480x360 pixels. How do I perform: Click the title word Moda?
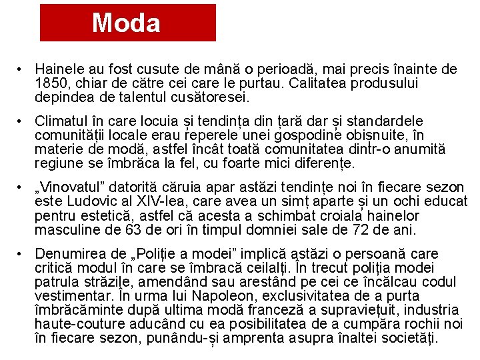click(x=126, y=23)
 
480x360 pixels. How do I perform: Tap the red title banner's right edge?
click(x=215, y=23)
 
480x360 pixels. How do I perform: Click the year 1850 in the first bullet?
click(x=52, y=83)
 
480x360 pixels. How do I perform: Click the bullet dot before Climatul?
click(x=22, y=121)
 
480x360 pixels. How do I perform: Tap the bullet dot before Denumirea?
click(x=22, y=254)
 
